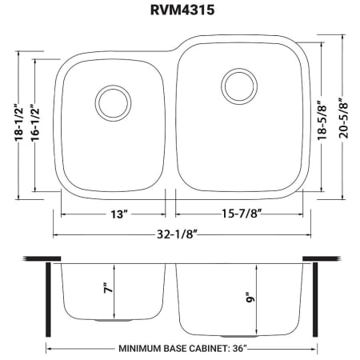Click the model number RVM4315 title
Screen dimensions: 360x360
point(182,10)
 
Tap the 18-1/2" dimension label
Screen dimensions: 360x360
point(19,122)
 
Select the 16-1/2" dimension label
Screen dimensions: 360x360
point(35,122)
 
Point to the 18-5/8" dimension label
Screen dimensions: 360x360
point(322,120)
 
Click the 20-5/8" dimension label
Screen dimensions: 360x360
point(343,118)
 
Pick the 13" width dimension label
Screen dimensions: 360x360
point(119,214)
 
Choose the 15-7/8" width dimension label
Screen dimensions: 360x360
point(242,214)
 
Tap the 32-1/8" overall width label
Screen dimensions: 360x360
point(177,234)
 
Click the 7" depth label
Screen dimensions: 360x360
point(109,288)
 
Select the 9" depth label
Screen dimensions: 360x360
point(250,298)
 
